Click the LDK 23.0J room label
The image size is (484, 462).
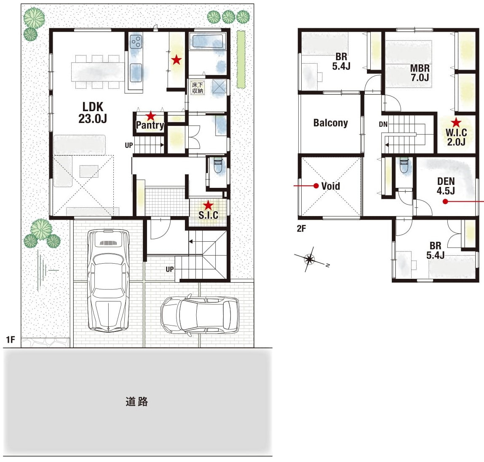point(93,112)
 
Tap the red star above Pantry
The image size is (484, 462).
point(151,116)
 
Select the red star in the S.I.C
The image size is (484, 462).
point(209,205)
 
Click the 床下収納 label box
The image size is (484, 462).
point(198,88)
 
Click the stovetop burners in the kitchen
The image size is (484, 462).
point(136,42)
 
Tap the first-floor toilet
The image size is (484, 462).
point(218,166)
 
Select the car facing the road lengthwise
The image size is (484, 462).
point(108,280)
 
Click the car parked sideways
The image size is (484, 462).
point(200,315)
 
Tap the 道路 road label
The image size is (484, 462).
point(137,401)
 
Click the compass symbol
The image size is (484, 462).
point(310,259)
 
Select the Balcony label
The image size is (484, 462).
point(331,123)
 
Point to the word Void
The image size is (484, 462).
point(331,186)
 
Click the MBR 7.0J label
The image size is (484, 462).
point(420,73)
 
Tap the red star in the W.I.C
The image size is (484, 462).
point(456,123)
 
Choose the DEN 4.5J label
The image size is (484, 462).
point(446,186)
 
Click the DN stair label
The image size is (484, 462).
point(383,124)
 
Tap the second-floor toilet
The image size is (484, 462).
point(404,166)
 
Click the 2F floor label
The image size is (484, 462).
point(301,228)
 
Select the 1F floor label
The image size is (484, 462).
point(11,339)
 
